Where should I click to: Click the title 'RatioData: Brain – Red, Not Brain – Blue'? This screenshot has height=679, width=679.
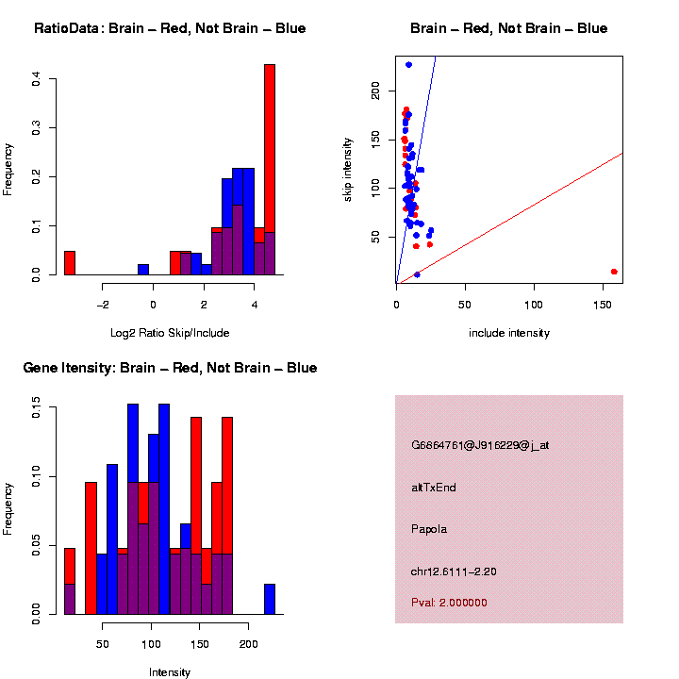pyautogui.click(x=170, y=28)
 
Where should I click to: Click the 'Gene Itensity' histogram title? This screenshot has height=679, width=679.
pyautogui.click(x=170, y=368)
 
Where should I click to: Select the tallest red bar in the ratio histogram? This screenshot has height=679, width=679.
pyautogui.click(x=270, y=170)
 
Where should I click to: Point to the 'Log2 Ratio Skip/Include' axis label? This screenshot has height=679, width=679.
pyautogui.click(x=170, y=333)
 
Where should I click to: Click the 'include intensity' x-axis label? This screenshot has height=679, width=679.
pyautogui.click(x=509, y=333)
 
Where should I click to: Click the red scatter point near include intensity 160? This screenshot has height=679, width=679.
pyautogui.click(x=614, y=272)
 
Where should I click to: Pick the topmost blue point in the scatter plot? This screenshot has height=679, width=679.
pyautogui.click(x=408, y=65)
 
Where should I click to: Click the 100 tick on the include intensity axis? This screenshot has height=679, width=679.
pyautogui.click(x=534, y=306)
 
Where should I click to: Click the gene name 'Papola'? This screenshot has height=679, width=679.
pyautogui.click(x=429, y=529)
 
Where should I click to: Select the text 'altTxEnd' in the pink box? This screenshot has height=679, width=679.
pyautogui.click(x=434, y=488)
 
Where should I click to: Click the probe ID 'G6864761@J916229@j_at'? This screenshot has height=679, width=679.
pyautogui.click(x=480, y=445)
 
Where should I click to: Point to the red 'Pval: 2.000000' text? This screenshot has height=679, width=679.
pyautogui.click(x=449, y=603)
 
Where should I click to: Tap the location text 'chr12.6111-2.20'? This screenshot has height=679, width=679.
pyautogui.click(x=454, y=571)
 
